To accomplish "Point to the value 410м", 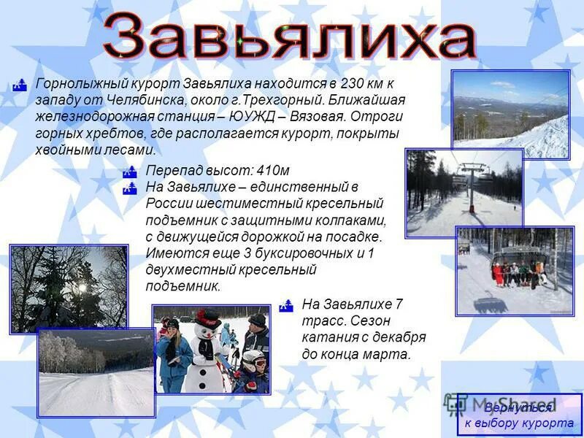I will click(274, 169).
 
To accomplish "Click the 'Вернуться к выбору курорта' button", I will click(519, 415).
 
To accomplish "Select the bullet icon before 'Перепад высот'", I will click(130, 172).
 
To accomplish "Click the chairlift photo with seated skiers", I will click(515, 271).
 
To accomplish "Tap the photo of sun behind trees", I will click(69, 288).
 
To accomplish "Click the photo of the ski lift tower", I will click(464, 193).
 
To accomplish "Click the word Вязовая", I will click(320, 116).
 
